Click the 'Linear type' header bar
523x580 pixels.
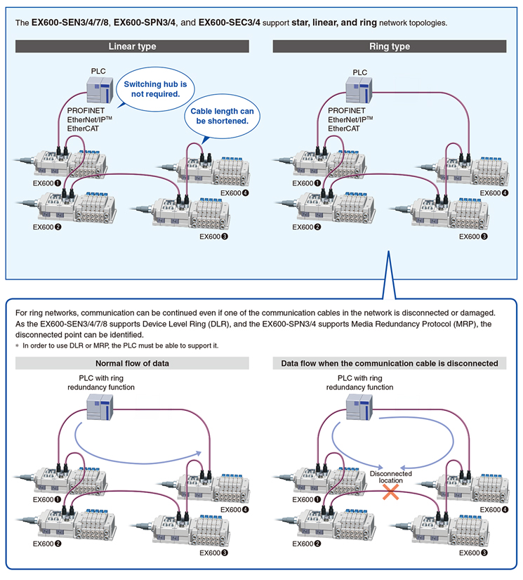pyautogui.click(x=132, y=46)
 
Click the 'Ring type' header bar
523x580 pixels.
pyautogui.click(x=390, y=46)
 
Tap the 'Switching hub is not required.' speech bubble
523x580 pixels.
pyautogui.click(x=155, y=89)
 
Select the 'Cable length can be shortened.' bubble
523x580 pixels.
pyautogui.click(x=222, y=116)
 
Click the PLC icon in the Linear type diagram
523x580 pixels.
pyautogui.click(x=100, y=91)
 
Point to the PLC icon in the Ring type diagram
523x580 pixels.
pyautogui.click(x=359, y=90)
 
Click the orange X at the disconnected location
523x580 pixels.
pyautogui.click(x=390, y=492)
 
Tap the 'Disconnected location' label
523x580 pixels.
pyautogui.click(x=390, y=477)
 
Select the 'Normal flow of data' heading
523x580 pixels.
pyautogui.click(x=132, y=363)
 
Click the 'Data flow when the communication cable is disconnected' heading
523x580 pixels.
pyautogui.click(x=390, y=363)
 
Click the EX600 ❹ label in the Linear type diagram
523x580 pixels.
pyautogui.click(x=234, y=193)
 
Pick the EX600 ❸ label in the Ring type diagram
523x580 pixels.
pyautogui.click(x=473, y=237)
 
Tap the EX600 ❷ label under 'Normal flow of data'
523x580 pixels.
pyautogui.click(x=47, y=543)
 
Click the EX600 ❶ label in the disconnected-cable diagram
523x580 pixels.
pyautogui.click(x=306, y=500)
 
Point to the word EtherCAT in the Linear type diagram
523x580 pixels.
pyautogui.click(x=84, y=128)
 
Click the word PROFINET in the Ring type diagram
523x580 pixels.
pyautogui.click(x=347, y=111)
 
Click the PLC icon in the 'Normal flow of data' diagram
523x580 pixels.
pyautogui.click(x=100, y=407)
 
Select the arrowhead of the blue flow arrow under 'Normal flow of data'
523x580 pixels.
pyautogui.click(x=199, y=454)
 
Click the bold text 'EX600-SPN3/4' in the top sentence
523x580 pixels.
pyautogui.click(x=145, y=22)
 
